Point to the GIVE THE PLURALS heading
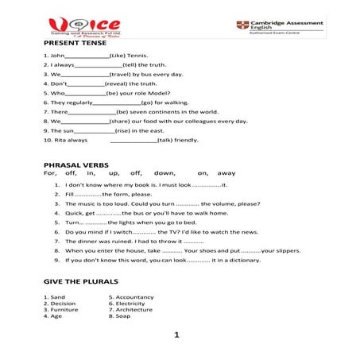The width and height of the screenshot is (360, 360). [81, 281]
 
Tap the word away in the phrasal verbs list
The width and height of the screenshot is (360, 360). [226, 172]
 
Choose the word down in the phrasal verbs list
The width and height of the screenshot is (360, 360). [165, 172]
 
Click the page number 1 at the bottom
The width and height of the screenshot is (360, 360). [176, 335]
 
